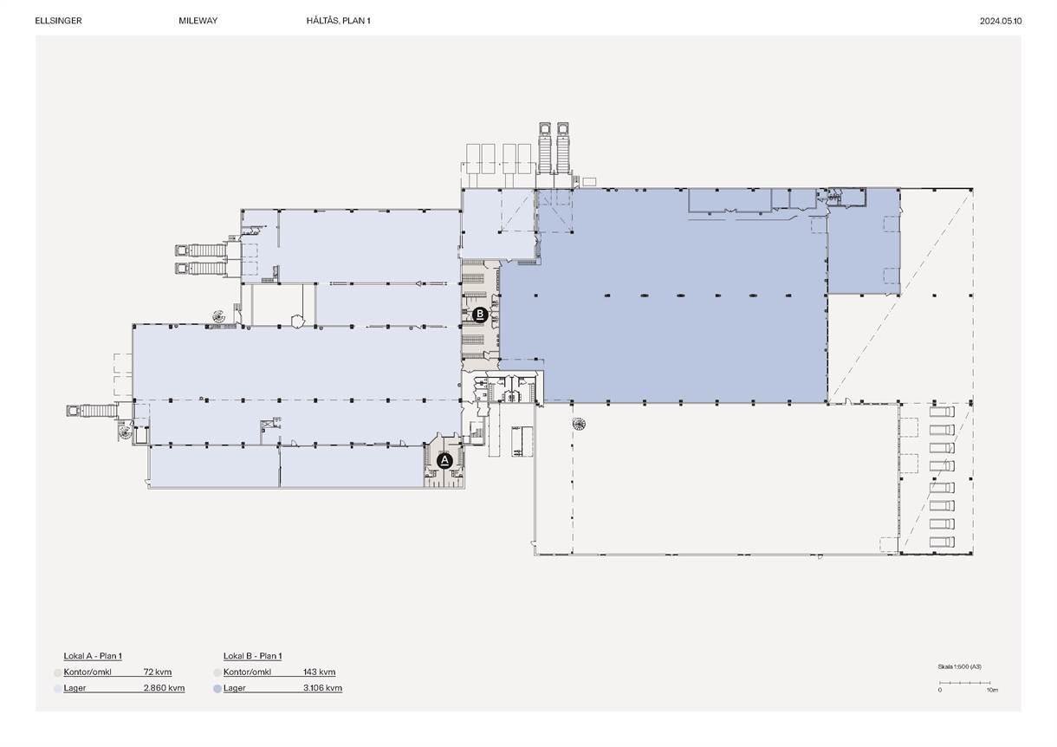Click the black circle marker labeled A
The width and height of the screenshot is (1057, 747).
(x=444, y=460)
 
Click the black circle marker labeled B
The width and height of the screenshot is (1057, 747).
(x=480, y=315)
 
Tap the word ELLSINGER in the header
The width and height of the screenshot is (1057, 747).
(x=59, y=21)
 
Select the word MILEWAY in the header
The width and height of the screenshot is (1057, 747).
(x=198, y=21)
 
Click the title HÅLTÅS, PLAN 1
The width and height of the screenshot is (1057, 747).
(x=339, y=21)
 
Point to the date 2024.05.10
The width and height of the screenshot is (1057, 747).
(x=1001, y=22)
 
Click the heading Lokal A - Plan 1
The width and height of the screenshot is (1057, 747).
(x=93, y=656)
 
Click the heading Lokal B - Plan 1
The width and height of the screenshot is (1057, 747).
(x=252, y=656)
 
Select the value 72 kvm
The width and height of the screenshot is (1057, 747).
(x=158, y=672)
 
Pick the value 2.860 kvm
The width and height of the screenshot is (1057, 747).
(x=165, y=688)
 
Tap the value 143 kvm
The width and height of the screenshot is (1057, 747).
(x=320, y=672)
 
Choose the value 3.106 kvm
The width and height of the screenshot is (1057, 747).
(x=323, y=688)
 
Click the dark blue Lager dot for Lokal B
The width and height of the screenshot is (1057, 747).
(x=217, y=689)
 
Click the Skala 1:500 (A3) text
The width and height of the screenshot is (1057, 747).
(x=959, y=666)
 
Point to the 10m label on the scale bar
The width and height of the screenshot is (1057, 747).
(x=992, y=690)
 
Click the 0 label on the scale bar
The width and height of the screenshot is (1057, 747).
(x=940, y=690)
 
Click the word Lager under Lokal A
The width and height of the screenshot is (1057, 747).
(x=75, y=688)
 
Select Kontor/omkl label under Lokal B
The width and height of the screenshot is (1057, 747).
(x=247, y=672)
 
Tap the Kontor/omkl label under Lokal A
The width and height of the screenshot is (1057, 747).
(x=88, y=672)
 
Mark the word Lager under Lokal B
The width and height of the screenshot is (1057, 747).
(x=235, y=688)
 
